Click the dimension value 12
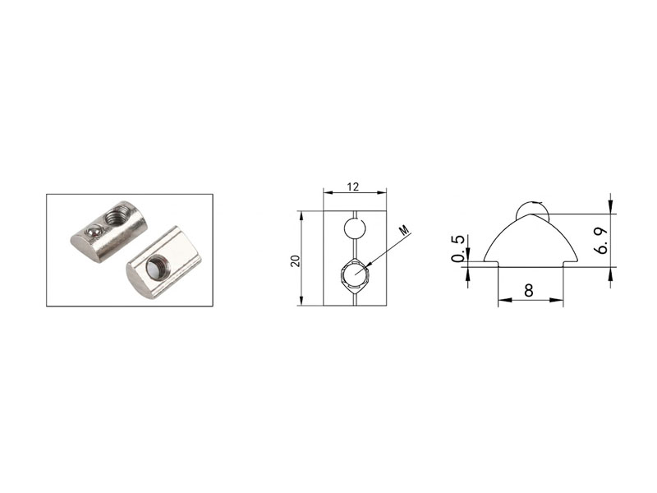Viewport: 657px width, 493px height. pos(353,187)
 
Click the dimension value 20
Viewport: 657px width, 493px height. pos(296,260)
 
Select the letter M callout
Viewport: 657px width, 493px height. pos(403,230)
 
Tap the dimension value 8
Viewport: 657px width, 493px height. pos(529,290)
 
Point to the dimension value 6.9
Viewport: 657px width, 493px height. pos(602,241)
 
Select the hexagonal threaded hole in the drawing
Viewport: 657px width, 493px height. pos(355,274)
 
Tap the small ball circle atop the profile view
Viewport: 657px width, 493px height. pos(532,209)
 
